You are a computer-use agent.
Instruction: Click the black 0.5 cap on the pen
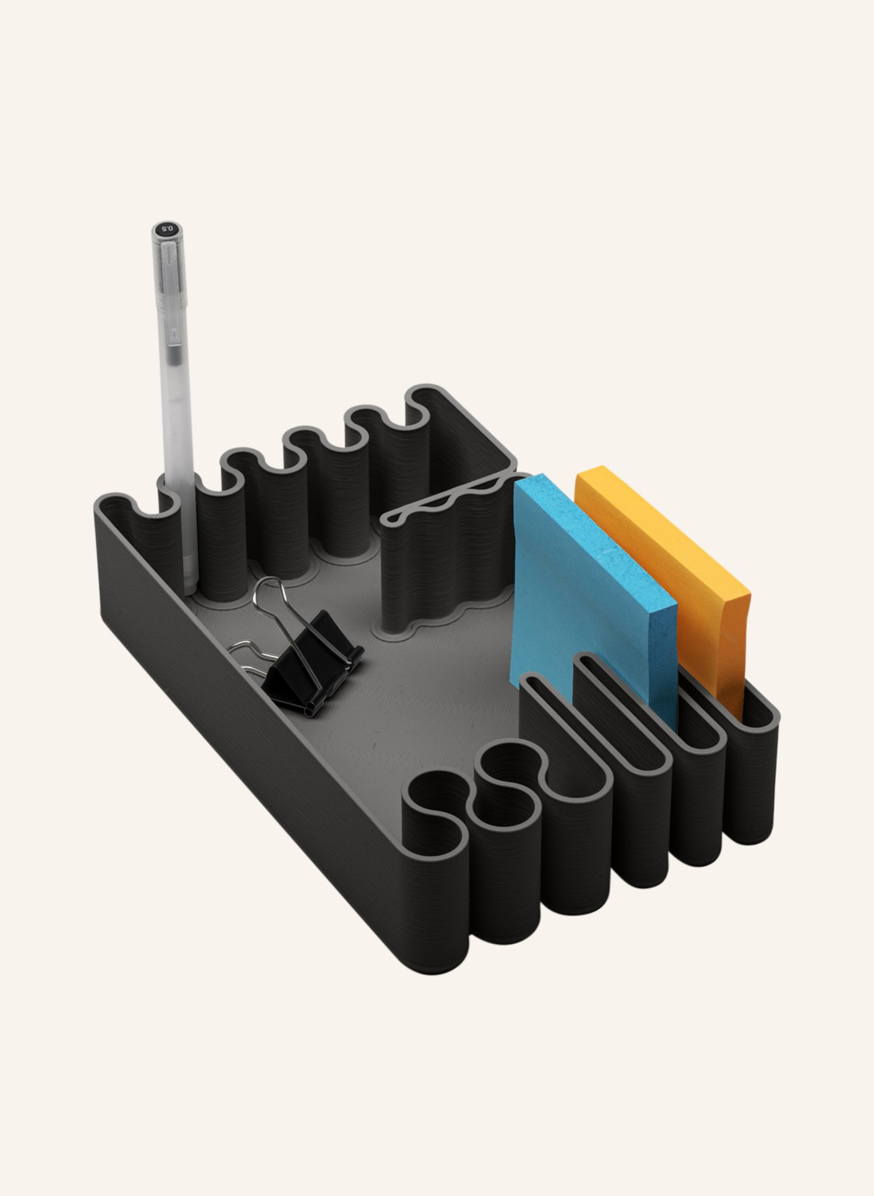167,231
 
